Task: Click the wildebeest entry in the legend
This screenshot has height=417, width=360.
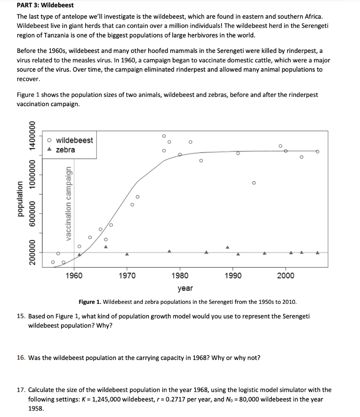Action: pyautogui.click(x=74, y=140)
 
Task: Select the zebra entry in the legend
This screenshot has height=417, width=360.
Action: pyautogui.click(x=65, y=150)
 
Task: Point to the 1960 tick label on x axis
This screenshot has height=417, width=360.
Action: pyautogui.click(x=74, y=276)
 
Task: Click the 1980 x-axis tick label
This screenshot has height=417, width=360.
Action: pyautogui.click(x=180, y=276)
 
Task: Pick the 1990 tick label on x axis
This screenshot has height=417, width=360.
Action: pyautogui.click(x=233, y=276)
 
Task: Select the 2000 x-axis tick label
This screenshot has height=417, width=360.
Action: pyautogui.click(x=285, y=276)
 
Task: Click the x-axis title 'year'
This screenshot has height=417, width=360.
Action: pyautogui.click(x=185, y=288)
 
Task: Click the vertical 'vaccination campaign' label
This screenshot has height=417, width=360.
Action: pyautogui.click(x=70, y=204)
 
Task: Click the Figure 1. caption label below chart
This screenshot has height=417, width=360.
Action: pyautogui.click(x=90, y=302)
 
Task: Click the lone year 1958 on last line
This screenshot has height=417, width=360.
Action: pyautogui.click(x=35, y=408)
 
